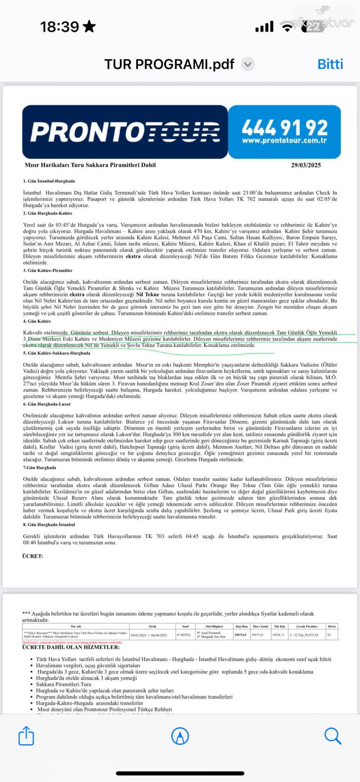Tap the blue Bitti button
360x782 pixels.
[330, 64]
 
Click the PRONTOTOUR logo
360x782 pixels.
[125, 131]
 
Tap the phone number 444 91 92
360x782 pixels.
[285, 127]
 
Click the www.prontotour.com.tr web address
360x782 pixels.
[284, 140]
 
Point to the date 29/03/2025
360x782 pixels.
[306, 165]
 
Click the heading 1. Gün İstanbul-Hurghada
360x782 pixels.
[49, 181]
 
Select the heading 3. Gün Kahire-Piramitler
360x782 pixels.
[48, 270]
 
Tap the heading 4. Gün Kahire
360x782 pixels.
[37, 321]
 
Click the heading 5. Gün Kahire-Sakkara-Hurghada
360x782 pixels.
[56, 353]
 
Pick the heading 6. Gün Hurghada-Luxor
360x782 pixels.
[47, 404]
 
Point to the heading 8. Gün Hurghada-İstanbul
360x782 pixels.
[49, 524]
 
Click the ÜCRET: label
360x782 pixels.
[32, 556]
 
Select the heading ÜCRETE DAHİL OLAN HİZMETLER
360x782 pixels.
[71, 647]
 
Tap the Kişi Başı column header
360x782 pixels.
[241, 626]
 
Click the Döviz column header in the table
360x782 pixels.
[332, 626]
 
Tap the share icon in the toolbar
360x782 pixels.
[26, 735]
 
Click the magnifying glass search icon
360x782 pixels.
[333, 736]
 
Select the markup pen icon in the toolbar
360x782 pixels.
[180, 736]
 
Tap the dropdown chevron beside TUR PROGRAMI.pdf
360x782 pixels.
[248, 64]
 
